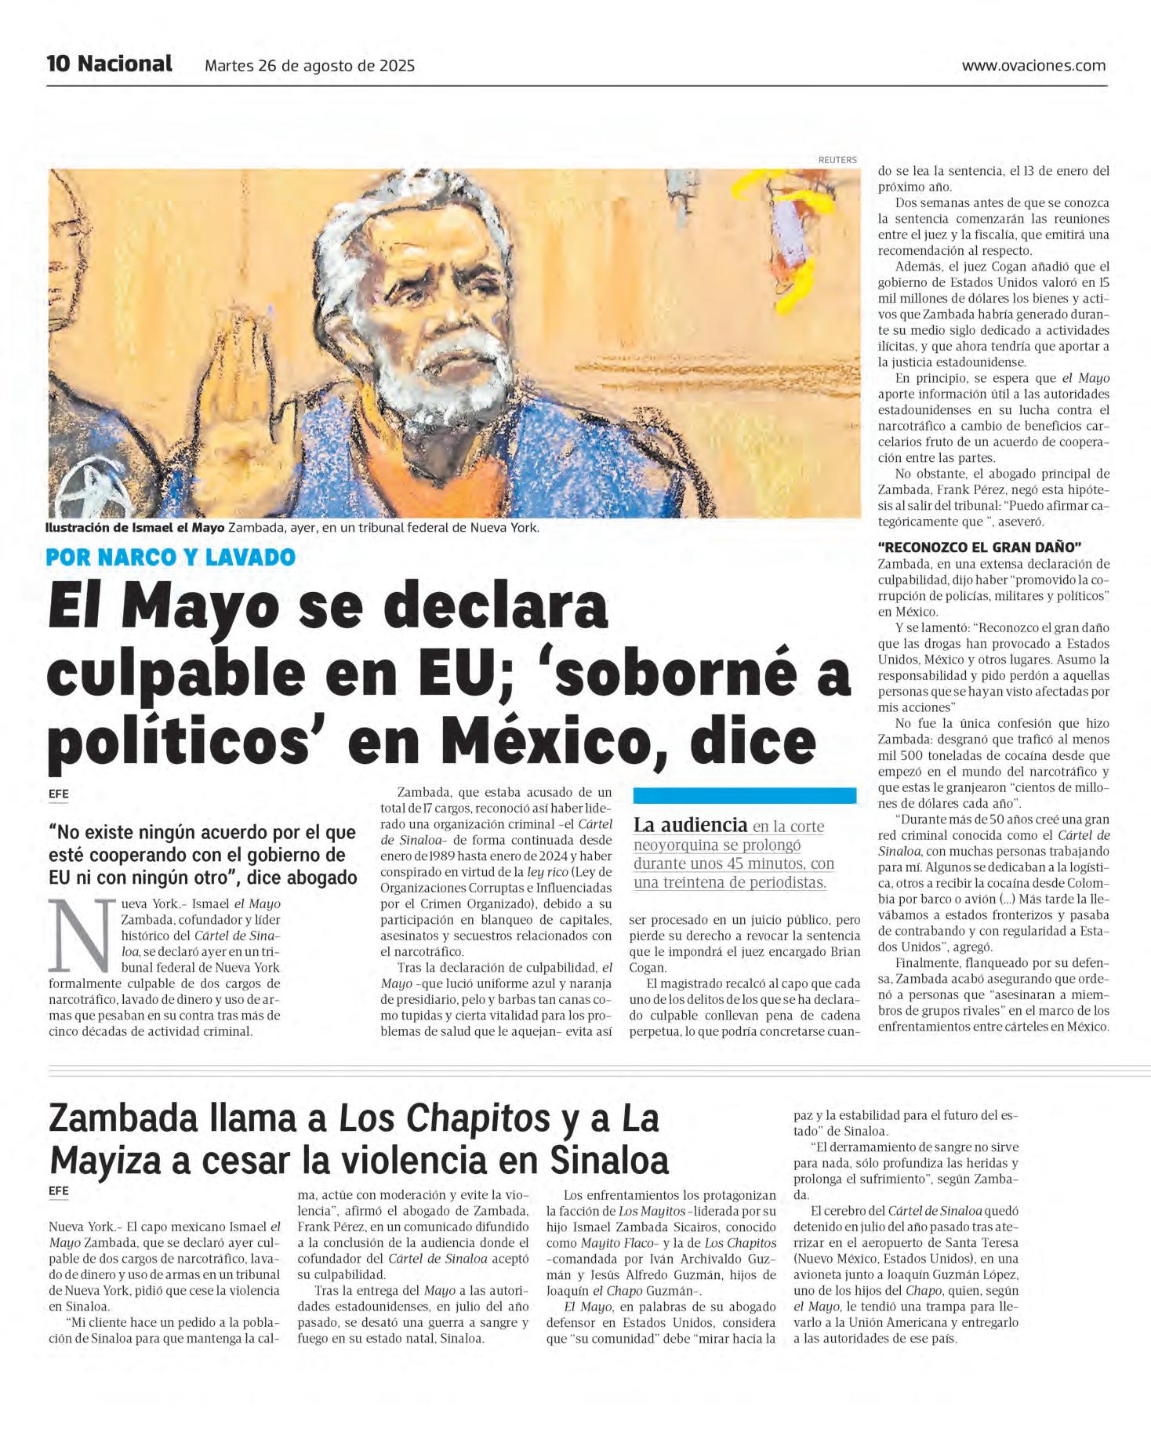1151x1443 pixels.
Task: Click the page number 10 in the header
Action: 58,64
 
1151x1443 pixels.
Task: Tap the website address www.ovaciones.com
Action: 1033,66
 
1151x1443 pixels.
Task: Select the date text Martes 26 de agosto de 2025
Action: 310,66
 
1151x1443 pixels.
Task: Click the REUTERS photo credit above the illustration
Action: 837,160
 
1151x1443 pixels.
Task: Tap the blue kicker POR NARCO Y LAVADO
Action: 170,558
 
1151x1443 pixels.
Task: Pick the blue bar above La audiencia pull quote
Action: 744,795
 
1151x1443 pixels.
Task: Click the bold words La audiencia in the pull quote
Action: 690,825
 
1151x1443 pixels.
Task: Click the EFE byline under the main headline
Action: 58,794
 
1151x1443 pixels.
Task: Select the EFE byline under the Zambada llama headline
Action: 58,1190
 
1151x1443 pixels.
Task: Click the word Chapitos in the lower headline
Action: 444,1119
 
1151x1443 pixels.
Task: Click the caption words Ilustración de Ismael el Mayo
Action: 135,528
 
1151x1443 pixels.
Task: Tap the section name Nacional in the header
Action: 125,64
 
